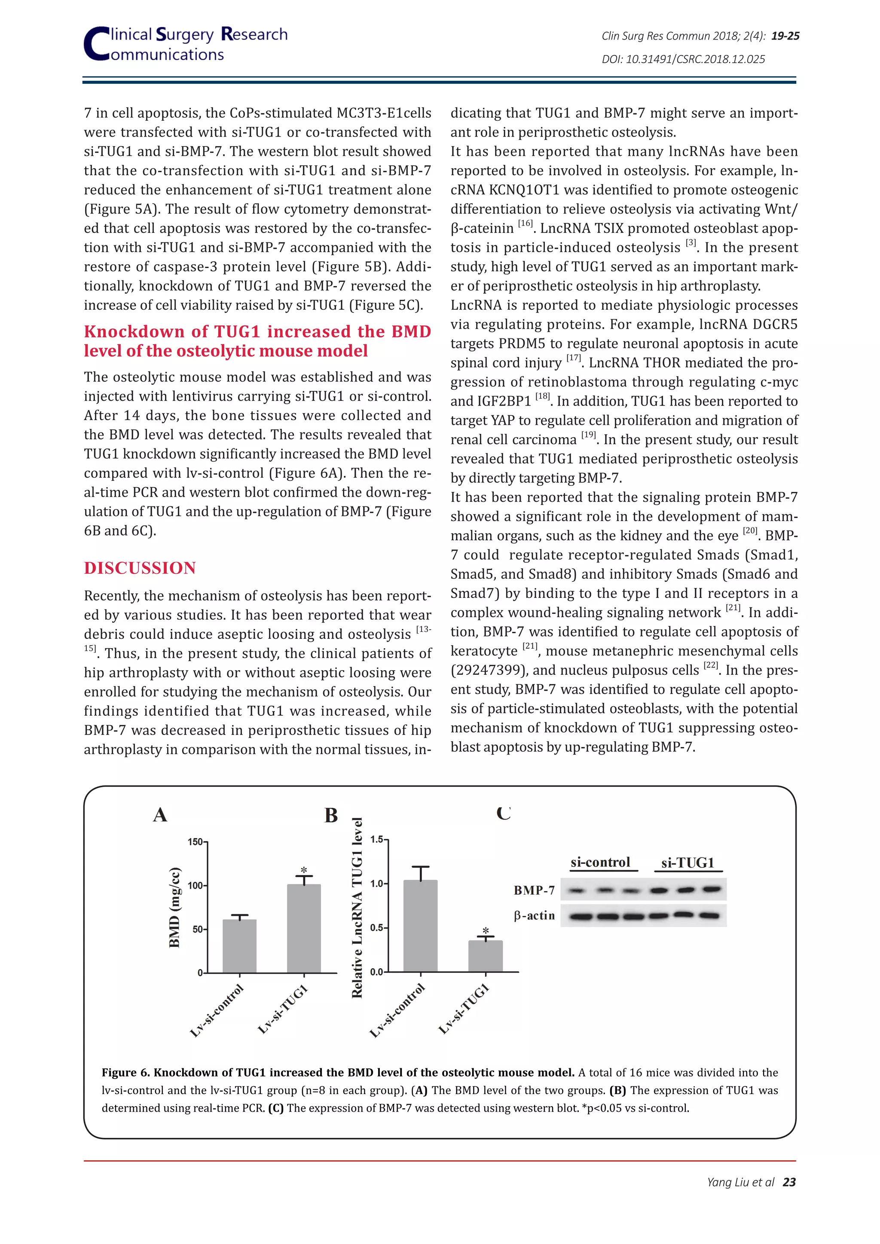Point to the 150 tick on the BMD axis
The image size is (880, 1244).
point(195,842)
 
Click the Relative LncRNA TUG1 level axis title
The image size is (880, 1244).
point(357,908)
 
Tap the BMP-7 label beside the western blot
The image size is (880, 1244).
point(534,890)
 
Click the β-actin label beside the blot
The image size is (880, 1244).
point(534,916)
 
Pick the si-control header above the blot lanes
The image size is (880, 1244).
point(600,863)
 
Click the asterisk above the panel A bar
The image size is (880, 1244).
point(304,870)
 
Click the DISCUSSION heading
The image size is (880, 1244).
point(140,568)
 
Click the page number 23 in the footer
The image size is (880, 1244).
point(789,1182)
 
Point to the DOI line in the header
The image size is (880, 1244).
point(683,59)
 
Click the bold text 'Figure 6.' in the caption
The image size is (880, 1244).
point(126,1073)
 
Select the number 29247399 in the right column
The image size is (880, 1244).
point(489,670)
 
